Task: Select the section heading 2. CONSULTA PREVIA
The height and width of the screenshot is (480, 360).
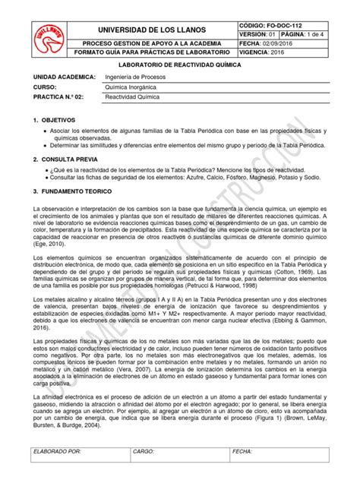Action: tap(62, 159)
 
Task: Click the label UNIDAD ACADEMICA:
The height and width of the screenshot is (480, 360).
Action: tap(59, 79)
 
